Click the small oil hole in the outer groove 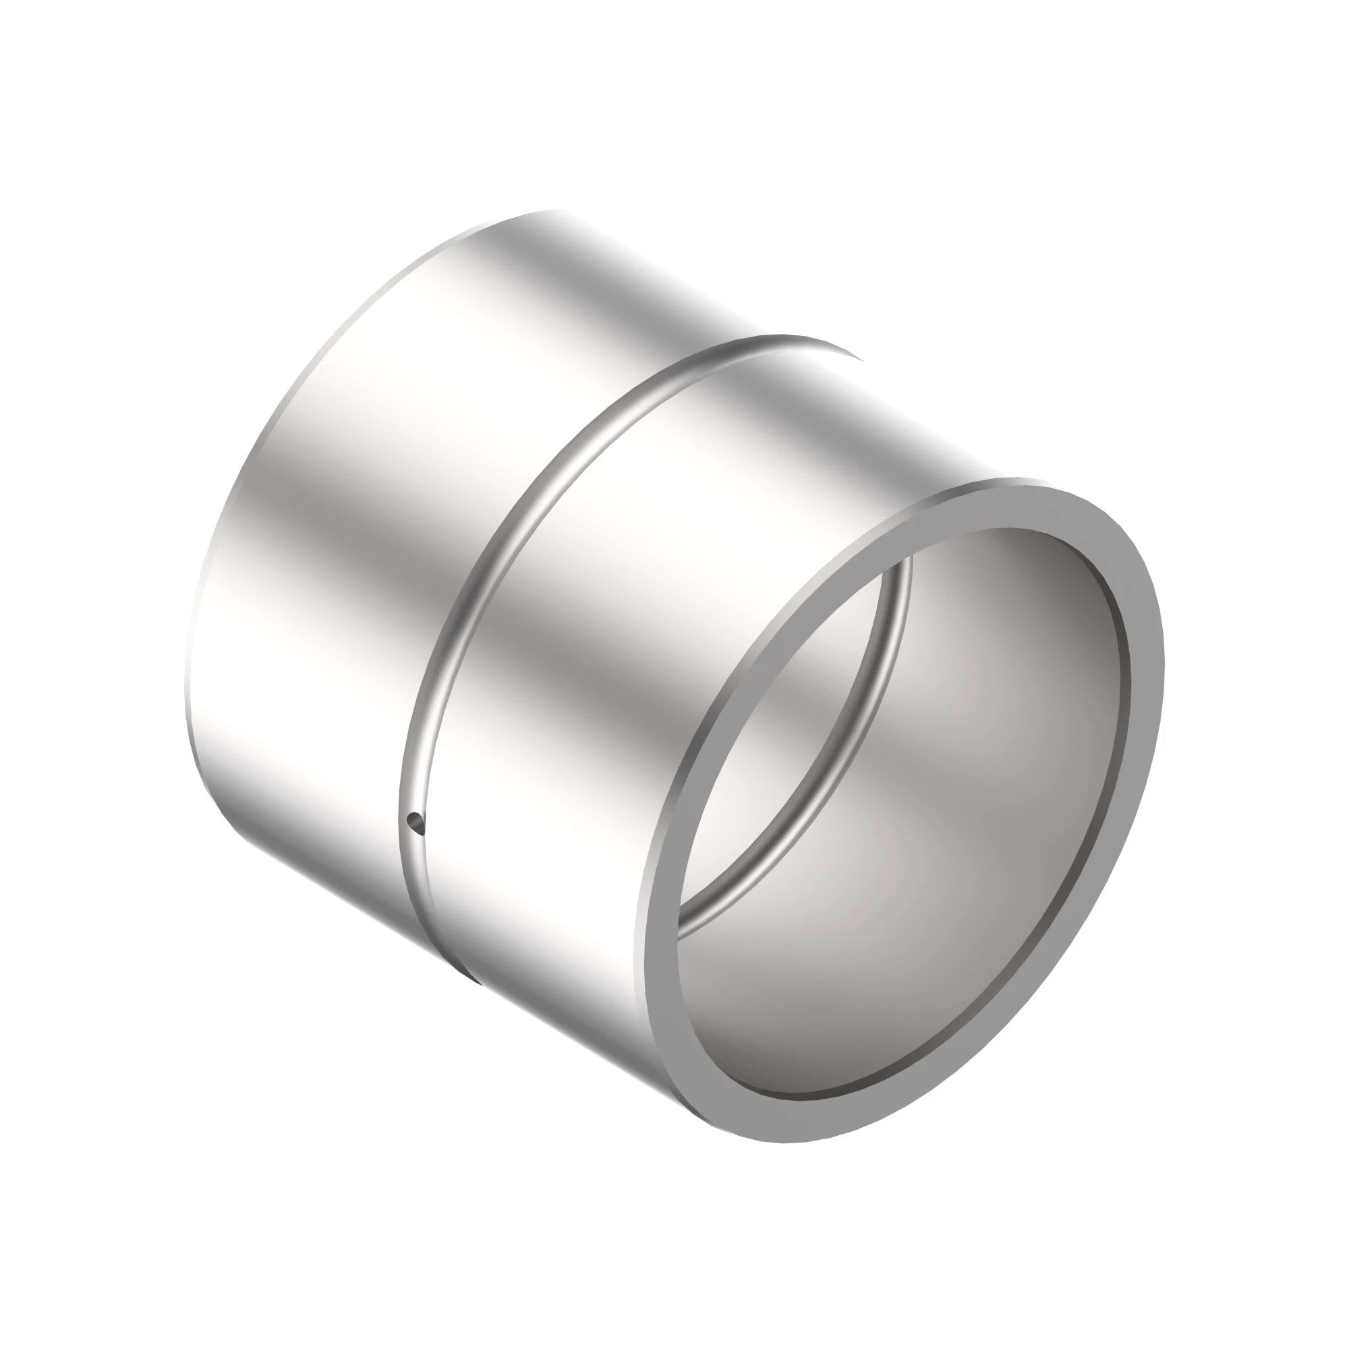click(415, 822)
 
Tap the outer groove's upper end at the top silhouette click(803, 343)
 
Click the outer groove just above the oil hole click(410, 782)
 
